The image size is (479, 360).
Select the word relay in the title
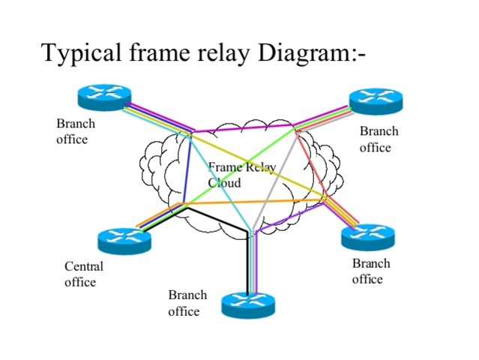[233, 53]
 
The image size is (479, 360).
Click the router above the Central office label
[124, 240]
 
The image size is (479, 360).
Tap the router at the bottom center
[248, 304]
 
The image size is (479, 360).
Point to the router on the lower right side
[367, 236]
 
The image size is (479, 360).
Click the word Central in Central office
[84, 266]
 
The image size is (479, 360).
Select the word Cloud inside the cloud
[224, 182]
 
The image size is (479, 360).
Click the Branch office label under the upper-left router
[76, 130]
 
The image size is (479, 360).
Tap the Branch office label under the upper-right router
[379, 139]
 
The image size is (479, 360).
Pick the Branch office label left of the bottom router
[187, 302]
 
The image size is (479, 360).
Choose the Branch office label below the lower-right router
[370, 271]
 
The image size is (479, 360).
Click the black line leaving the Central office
[217, 222]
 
